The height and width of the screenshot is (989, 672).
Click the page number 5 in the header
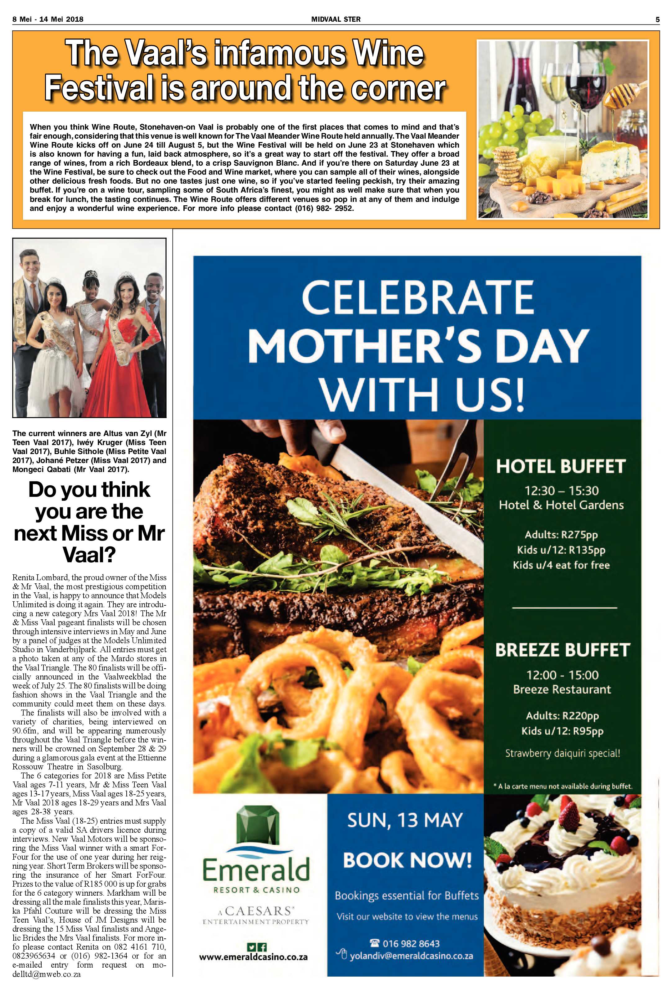pos(657,19)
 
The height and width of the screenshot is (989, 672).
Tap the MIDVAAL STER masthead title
pos(336,19)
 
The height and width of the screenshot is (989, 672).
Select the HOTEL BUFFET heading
pos(561,467)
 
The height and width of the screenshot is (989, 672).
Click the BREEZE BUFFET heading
pos(562,650)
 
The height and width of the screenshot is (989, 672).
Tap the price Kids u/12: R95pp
pos(562,731)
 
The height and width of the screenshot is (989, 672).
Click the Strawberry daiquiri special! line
pos(562,753)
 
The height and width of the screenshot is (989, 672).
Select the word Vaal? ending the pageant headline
pos(89,555)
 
